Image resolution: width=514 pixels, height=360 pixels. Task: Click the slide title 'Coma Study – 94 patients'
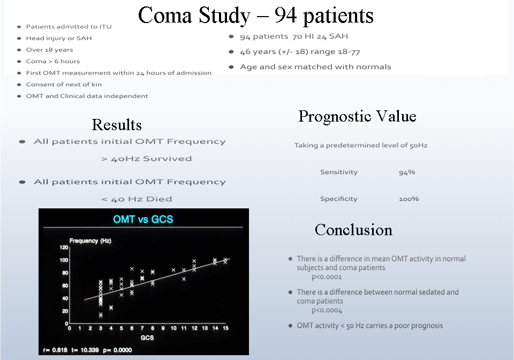coord(256,16)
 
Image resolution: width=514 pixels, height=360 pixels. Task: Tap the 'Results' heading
coord(117,125)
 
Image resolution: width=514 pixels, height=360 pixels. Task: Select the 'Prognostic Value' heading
coord(357,116)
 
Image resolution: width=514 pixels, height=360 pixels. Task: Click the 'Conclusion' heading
coord(353,229)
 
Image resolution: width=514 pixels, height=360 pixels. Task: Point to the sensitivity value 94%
coord(407,172)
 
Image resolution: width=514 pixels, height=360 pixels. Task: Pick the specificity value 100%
coord(409,199)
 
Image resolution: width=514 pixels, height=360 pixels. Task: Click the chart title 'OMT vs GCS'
coord(143,219)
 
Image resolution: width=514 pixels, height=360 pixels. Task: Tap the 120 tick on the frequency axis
coord(64,247)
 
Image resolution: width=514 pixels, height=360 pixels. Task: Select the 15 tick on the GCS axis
coord(225,328)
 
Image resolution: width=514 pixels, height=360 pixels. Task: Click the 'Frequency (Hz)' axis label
coord(90,241)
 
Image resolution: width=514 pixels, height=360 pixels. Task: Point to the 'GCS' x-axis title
coord(147,337)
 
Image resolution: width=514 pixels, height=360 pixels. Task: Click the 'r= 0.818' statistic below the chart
coord(55,350)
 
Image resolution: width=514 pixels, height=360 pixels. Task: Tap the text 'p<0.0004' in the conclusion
coord(327,311)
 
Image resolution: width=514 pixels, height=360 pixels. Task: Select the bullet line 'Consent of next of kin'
coord(64,85)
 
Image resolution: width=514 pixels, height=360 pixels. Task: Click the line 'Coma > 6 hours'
coord(53,61)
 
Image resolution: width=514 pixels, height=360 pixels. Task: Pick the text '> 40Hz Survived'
coord(147,159)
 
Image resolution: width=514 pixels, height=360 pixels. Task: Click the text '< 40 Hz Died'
coord(137,199)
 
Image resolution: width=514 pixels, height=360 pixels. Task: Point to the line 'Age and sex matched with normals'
coord(315,67)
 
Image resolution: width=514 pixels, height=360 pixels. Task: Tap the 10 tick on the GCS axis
coord(173,328)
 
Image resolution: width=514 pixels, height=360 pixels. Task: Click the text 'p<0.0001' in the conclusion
coord(327,277)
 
